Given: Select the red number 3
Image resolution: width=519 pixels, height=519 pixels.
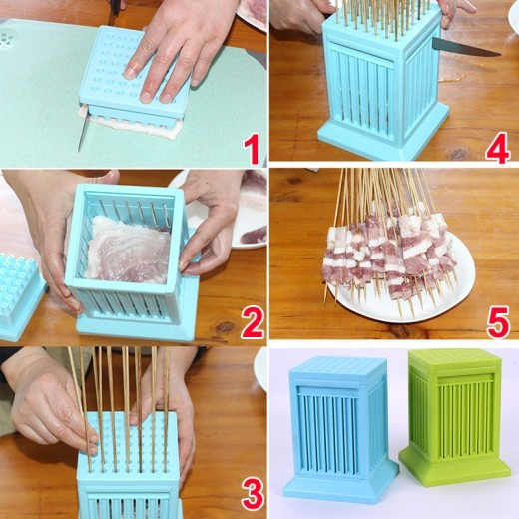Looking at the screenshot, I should [x=252, y=491].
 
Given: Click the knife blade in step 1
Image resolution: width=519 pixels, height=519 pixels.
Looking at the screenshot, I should [x=82, y=131].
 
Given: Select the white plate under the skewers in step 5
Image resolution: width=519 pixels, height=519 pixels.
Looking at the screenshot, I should [x=419, y=299].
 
